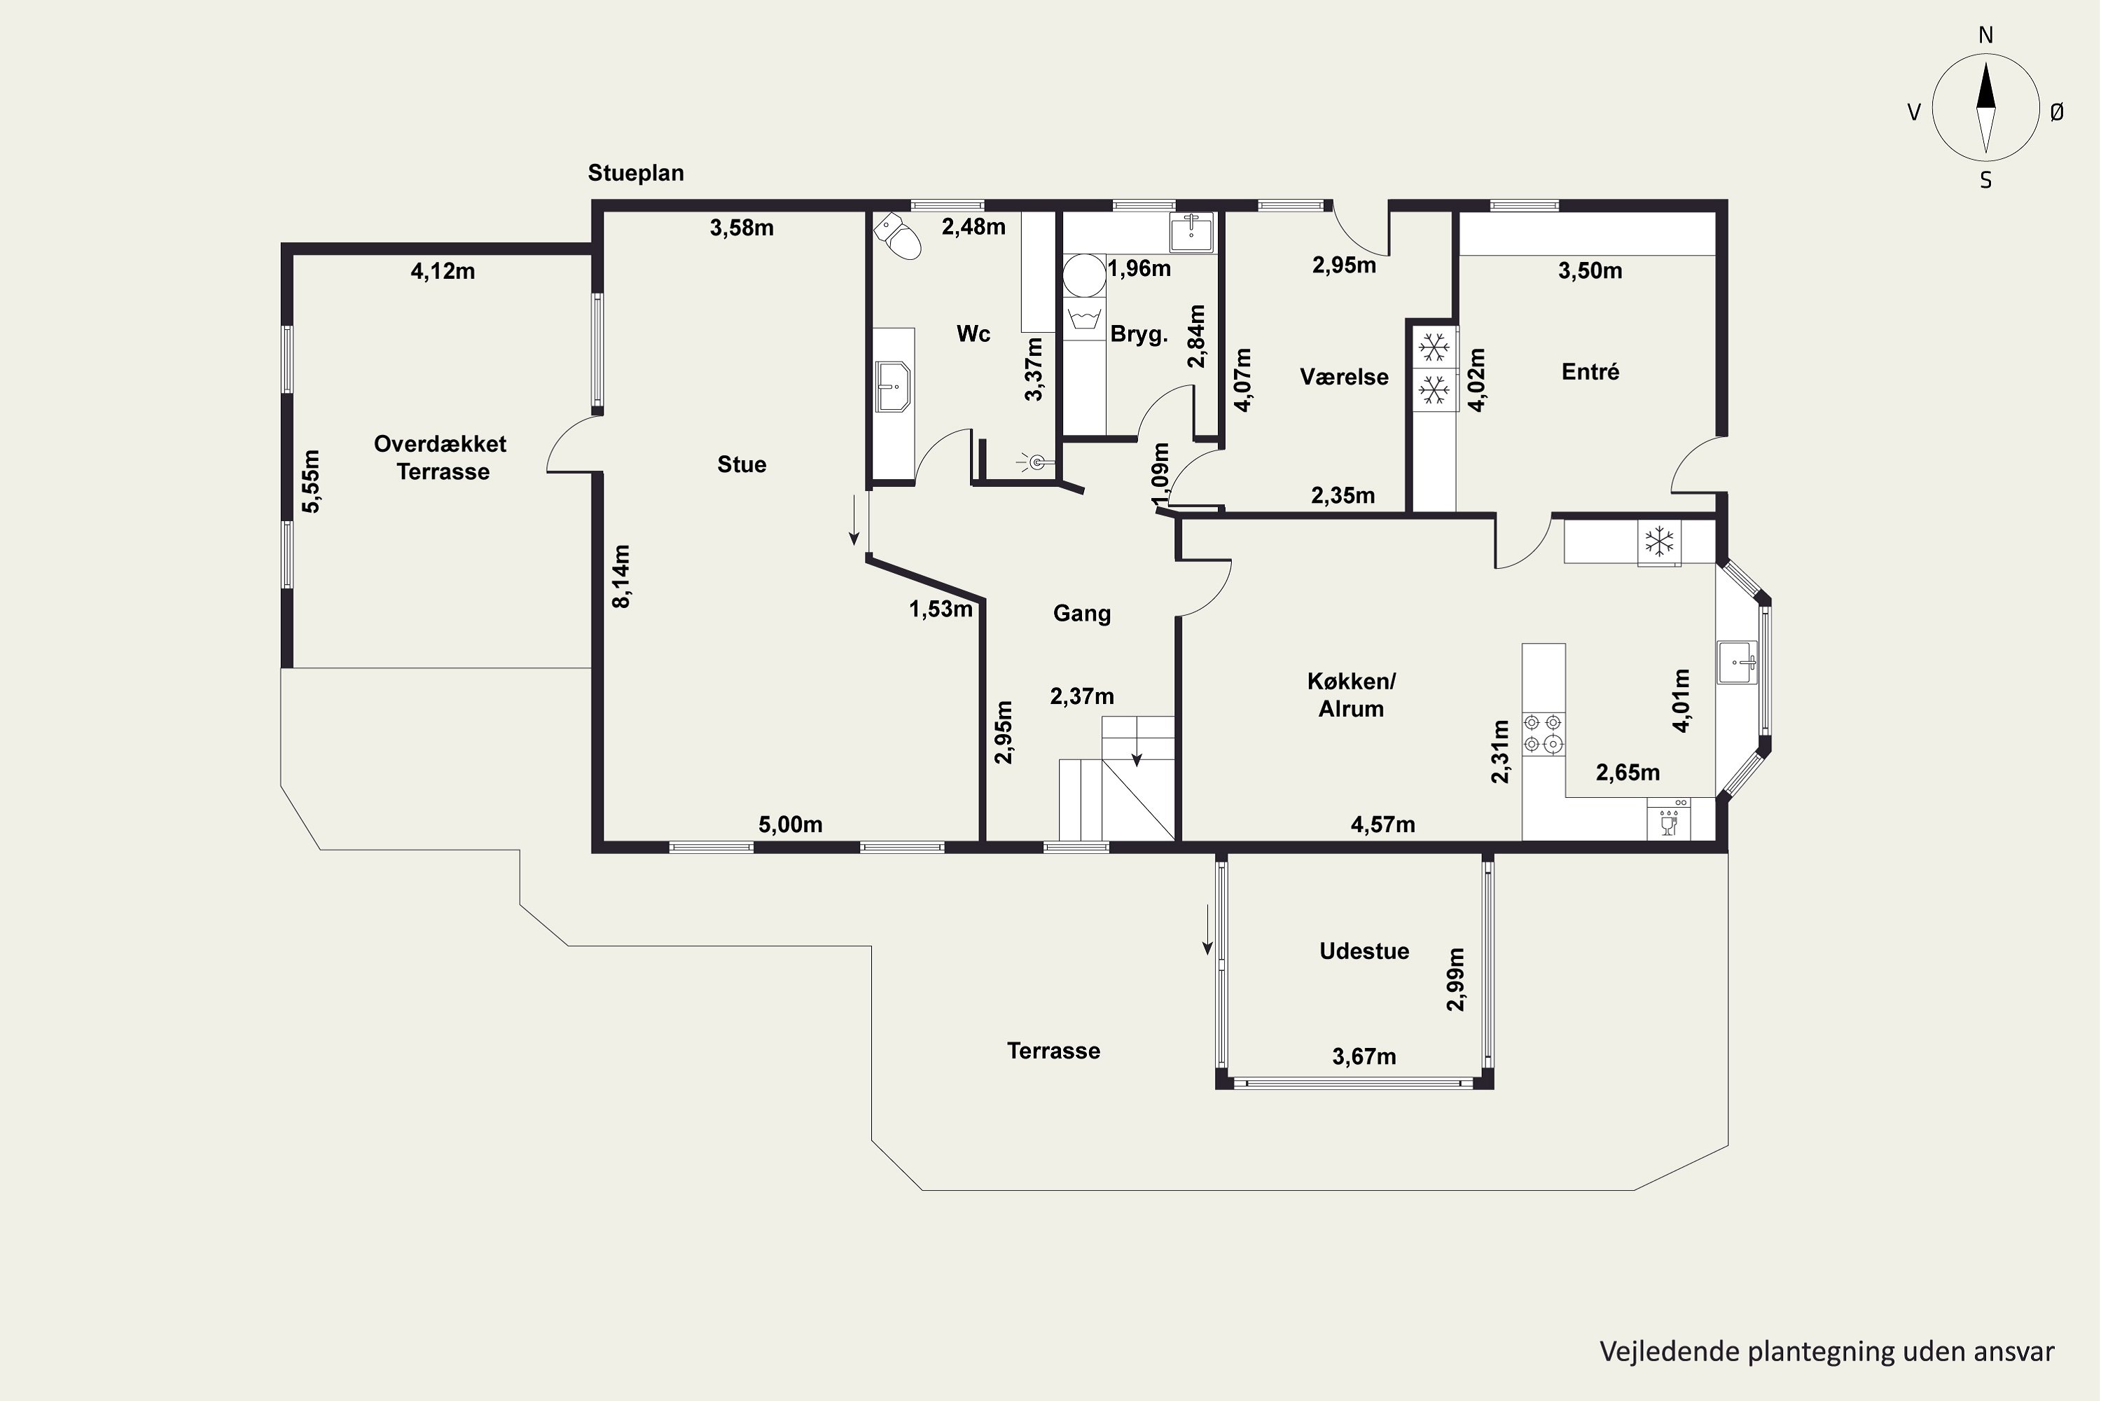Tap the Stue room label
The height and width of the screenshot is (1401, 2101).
pos(742,464)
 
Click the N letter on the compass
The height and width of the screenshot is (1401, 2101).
pos(1985,35)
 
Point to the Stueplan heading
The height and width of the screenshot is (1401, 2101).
pos(636,172)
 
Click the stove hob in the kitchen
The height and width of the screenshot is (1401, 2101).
pos(1544,733)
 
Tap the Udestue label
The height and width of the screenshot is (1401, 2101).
pos(1364,951)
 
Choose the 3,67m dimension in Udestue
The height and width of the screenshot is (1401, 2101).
pos(1364,1057)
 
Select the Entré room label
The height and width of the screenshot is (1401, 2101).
pos(1590,372)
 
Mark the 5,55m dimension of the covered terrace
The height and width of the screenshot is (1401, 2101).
pos(311,481)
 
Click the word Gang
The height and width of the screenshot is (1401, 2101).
pos(1082,614)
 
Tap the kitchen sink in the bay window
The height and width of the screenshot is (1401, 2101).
pos(1737,662)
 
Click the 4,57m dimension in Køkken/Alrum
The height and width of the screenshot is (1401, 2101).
pos(1382,824)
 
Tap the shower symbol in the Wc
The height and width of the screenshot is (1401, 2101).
pos(1036,462)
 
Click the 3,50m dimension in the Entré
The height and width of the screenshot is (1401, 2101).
pos(1590,270)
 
